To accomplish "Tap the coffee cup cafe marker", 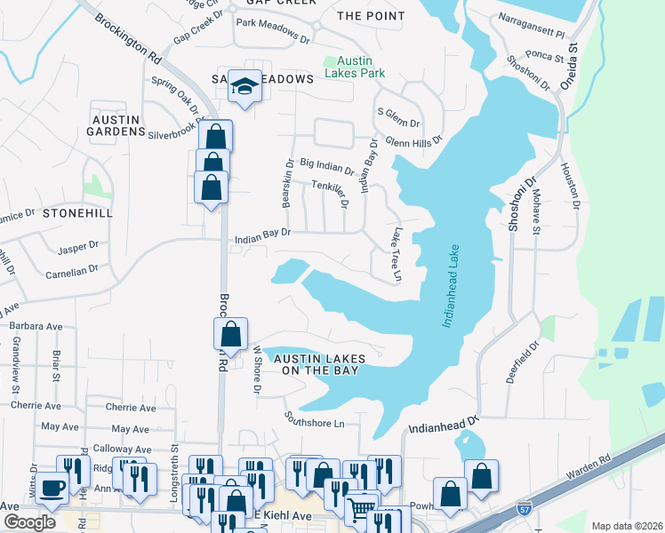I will pos(52,488).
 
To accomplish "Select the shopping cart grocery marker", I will pos(361,509).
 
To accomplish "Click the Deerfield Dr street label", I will pos(523,362).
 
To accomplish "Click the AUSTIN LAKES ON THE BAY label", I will pos(319,364).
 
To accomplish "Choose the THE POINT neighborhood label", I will pos(371,16).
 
